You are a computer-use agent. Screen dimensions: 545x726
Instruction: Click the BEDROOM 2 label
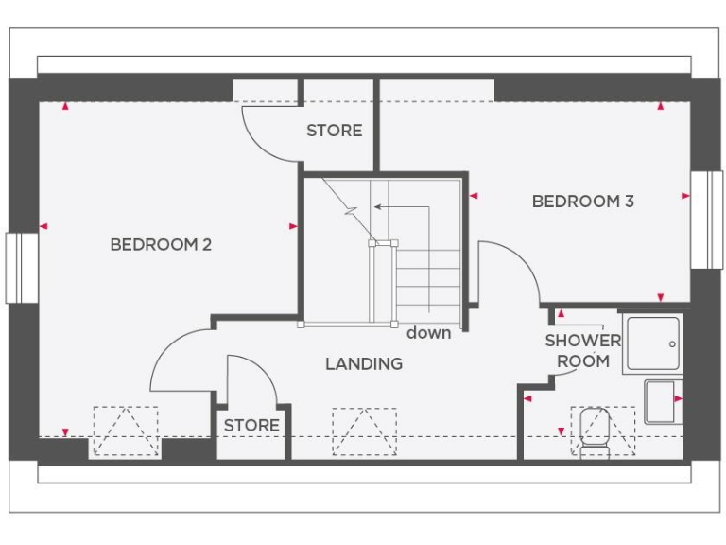(161, 245)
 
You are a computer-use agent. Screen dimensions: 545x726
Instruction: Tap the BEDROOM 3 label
(582, 201)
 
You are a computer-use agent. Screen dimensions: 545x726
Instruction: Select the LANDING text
(364, 363)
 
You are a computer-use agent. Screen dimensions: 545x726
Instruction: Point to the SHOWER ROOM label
(582, 351)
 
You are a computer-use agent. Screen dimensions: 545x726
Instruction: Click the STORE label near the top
(334, 131)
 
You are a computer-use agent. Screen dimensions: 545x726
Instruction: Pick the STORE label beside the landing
(251, 425)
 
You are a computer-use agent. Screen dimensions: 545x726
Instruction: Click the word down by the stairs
(428, 333)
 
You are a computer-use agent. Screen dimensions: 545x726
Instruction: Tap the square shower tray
(650, 344)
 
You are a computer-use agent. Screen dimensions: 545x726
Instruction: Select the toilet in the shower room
(596, 428)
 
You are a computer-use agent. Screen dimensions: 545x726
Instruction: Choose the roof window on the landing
(364, 431)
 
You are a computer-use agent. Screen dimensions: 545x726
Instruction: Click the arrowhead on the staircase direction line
(376, 205)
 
